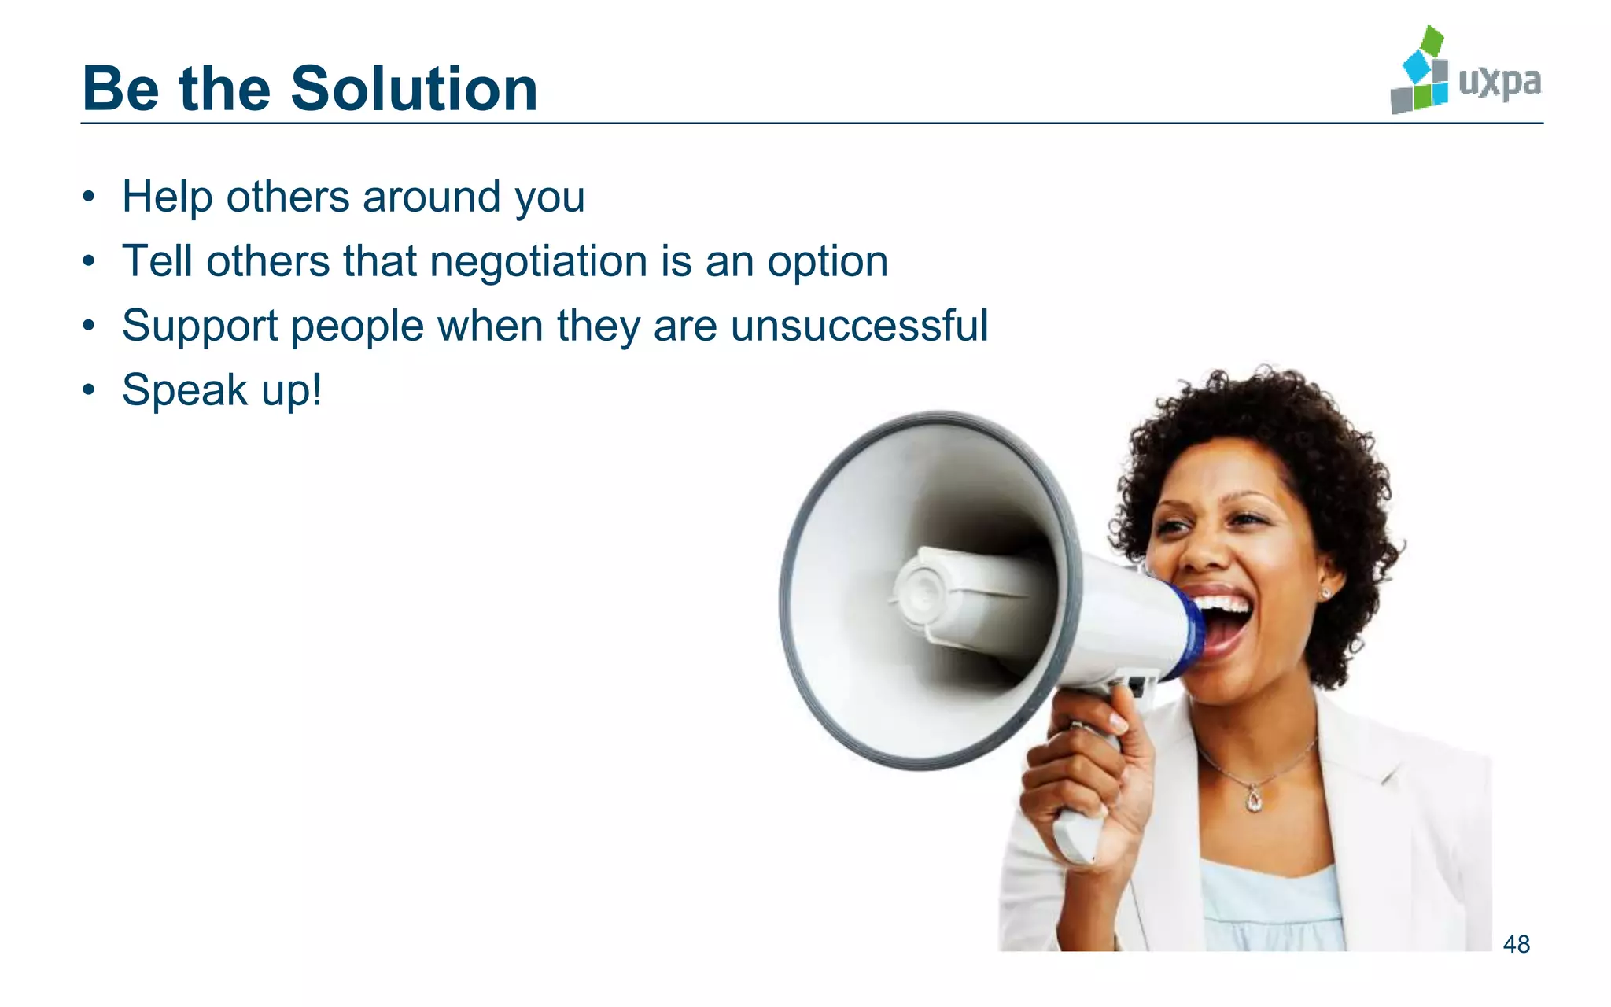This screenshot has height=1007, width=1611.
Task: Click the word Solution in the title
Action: [414, 89]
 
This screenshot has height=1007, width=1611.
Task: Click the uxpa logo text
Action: [1499, 82]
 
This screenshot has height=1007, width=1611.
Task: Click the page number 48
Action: [1516, 944]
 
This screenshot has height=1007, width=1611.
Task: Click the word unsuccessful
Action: [859, 326]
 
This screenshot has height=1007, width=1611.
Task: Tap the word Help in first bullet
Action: [167, 197]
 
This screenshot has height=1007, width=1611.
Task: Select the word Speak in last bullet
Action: [185, 390]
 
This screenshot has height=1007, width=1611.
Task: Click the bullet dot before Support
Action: [90, 326]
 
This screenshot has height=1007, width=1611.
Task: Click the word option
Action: [828, 262]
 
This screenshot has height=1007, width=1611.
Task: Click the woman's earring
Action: [1326, 594]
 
